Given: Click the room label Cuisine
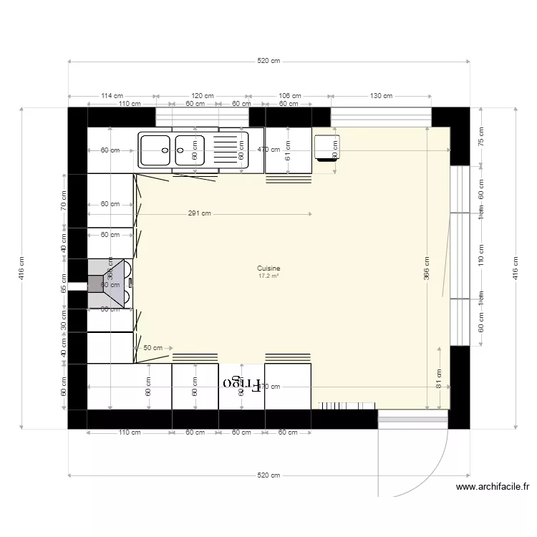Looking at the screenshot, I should point(268,268).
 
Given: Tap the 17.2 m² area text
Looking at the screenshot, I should point(268,274).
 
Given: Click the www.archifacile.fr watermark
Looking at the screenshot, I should point(493,488).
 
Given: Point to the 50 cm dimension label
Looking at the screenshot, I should point(153,347).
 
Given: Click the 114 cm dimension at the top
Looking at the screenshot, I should point(112,95).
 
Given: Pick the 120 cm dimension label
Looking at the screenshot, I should point(203,95).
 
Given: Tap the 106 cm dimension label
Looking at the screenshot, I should point(290,95).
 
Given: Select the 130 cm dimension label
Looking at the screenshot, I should point(381,95).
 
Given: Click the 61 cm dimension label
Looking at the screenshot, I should point(288,150).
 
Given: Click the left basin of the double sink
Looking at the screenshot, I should point(155,150).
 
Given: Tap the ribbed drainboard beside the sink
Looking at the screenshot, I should point(230,150).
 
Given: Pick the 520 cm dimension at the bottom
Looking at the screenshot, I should point(268,475).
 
